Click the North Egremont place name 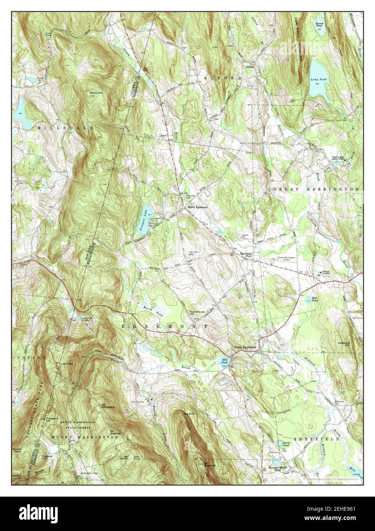197,207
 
